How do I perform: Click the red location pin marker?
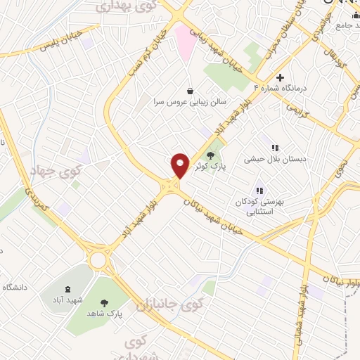point(181,166)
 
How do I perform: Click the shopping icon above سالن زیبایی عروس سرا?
point(191,91)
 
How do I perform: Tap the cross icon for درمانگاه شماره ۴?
point(281,77)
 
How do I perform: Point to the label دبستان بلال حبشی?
point(276,160)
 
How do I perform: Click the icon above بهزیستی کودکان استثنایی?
point(259,190)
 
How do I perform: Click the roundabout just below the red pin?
point(169,186)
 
